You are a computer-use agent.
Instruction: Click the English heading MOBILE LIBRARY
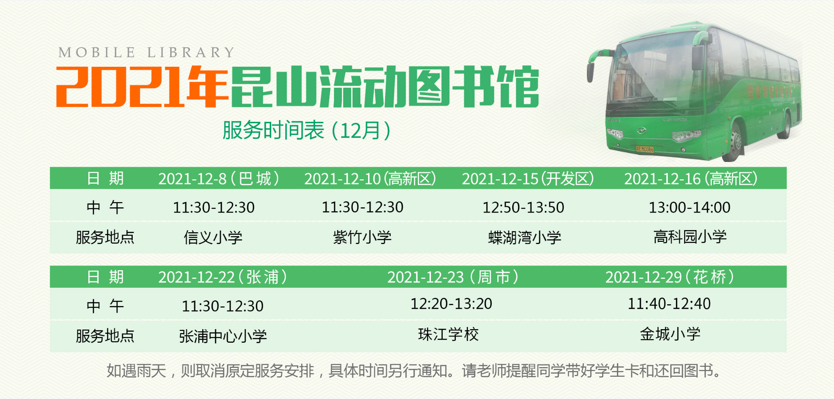[147, 52]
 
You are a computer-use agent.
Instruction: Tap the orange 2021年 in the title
[142, 87]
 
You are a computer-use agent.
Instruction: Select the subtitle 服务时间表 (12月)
[306, 130]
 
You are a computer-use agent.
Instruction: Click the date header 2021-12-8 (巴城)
[218, 179]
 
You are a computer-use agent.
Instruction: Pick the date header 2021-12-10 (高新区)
[370, 179]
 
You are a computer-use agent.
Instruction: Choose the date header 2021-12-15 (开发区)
[527, 179]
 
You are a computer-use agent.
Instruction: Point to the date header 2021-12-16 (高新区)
[690, 179]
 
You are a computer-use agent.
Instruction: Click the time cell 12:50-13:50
[523, 207]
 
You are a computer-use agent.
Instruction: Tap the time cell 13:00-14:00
[689, 207]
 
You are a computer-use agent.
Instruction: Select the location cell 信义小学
[213, 237]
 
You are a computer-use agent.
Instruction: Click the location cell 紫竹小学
[362, 237]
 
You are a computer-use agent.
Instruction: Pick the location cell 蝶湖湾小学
[524, 237]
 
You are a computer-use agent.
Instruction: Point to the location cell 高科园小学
[690, 237]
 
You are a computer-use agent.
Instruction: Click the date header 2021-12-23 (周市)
[453, 277]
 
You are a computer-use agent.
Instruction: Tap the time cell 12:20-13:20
[451, 303]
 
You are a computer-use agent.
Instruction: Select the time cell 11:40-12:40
[669, 303]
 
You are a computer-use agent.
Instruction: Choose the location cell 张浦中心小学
[223, 336]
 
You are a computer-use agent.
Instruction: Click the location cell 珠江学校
[448, 334]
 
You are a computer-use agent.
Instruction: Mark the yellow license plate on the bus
[644, 149]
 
